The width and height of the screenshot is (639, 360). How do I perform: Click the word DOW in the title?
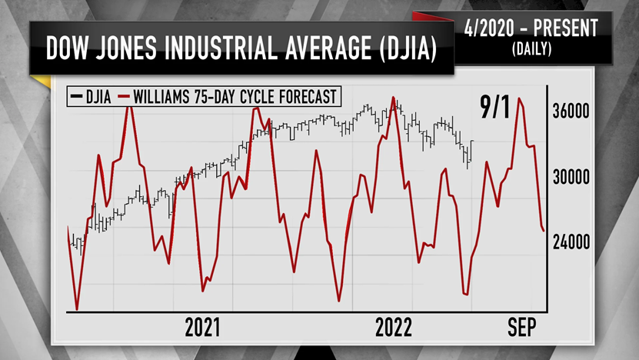click(68, 49)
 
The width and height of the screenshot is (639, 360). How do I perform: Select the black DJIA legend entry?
click(88, 96)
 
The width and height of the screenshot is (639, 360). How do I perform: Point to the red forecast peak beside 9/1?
click(521, 98)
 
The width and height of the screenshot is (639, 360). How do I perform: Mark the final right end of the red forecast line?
click(544, 230)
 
